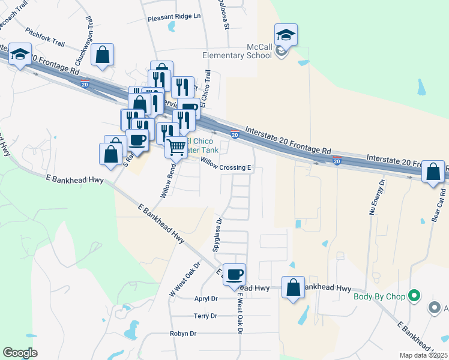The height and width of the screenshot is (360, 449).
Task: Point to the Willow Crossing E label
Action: click(x=225, y=164)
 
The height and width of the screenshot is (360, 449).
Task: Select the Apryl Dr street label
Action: click(x=205, y=298)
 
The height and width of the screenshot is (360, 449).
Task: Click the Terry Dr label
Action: click(x=205, y=316)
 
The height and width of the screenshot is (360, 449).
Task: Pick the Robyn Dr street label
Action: click(x=183, y=334)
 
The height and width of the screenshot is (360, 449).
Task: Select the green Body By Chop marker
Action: click(x=413, y=295)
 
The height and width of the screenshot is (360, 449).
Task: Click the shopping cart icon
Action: click(x=175, y=146)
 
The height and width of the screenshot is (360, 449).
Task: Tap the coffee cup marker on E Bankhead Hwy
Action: click(x=234, y=274)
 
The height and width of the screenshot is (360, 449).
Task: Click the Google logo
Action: click(x=20, y=353)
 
